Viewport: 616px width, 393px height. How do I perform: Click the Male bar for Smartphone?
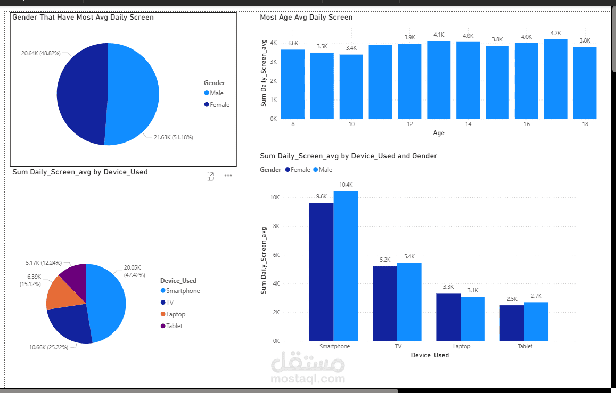pyautogui.click(x=346, y=266)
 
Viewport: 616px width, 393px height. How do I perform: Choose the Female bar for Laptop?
pyautogui.click(x=448, y=317)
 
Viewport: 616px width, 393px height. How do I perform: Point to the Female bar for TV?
pyautogui.click(x=384, y=303)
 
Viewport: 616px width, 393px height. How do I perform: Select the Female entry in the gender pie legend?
pyautogui.click(x=219, y=105)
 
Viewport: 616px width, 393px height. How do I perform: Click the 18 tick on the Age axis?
pyautogui.click(x=585, y=124)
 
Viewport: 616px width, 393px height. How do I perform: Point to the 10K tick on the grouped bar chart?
pyautogui.click(x=275, y=197)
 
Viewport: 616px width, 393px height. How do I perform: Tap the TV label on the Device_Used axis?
pyautogui.click(x=398, y=346)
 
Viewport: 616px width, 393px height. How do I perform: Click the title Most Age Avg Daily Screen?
pyautogui.click(x=306, y=18)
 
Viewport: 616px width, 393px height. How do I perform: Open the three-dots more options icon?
pyautogui.click(x=228, y=175)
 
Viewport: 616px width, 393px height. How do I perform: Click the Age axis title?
pyautogui.click(x=438, y=133)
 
